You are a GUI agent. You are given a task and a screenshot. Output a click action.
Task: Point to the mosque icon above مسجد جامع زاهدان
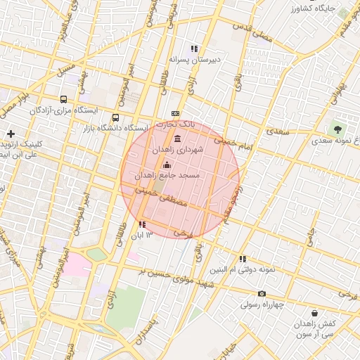coord(167,164)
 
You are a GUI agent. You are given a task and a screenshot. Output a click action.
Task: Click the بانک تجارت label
coord(175,124)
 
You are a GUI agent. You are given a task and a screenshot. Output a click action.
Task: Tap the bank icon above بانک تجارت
coord(175,113)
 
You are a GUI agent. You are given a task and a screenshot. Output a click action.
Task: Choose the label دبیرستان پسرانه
coord(195,60)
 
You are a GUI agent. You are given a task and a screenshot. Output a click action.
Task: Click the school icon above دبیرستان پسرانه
coord(194,49)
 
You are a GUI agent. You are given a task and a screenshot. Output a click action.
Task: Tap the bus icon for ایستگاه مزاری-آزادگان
coord(64,100)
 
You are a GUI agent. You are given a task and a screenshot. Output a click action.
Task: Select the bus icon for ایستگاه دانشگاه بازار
coord(115,118)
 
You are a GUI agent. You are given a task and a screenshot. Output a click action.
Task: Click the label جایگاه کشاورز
coord(314,8)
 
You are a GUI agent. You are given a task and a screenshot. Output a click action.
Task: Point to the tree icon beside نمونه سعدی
coord(338,129)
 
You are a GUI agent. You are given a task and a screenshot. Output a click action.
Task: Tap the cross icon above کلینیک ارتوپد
coord(11,134)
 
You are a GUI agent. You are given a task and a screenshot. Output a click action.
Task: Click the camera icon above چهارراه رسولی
coord(262,294)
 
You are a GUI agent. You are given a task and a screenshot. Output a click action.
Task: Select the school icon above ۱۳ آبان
coord(143,224)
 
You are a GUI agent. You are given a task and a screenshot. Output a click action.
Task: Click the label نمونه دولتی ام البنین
coord(243,269)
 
